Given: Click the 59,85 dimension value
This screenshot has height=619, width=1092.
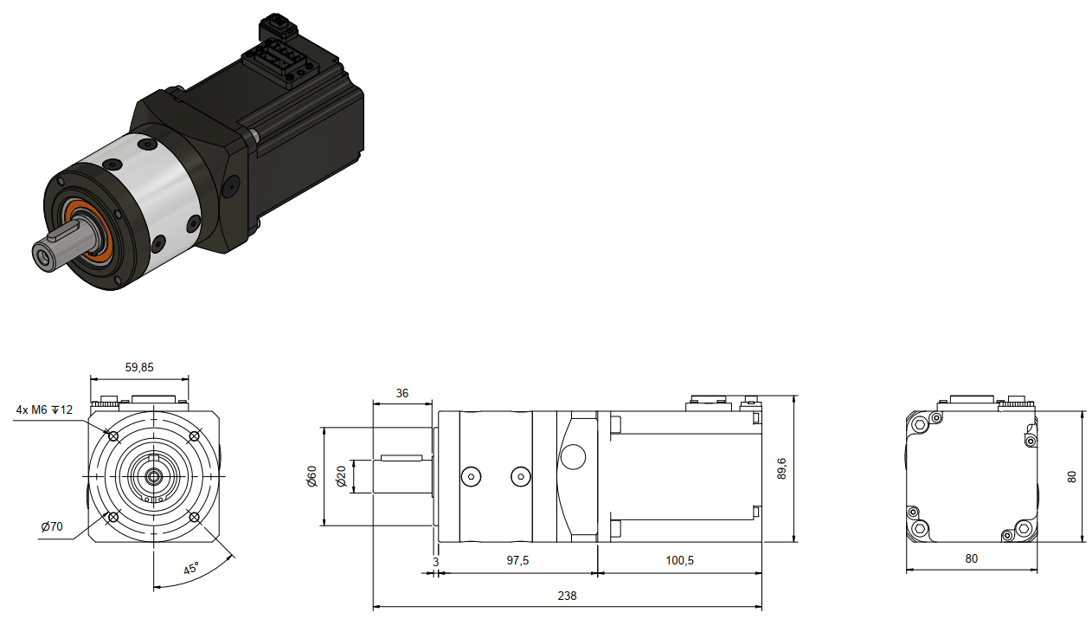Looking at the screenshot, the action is (139, 367).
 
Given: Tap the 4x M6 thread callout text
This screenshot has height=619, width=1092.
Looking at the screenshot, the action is (44, 409).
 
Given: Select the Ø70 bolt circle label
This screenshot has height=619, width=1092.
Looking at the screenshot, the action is (52, 527).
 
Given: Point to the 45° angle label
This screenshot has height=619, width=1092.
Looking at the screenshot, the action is (191, 569).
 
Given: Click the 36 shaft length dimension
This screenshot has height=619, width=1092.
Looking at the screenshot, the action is (402, 393).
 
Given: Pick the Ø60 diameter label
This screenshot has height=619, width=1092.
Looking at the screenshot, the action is (312, 476).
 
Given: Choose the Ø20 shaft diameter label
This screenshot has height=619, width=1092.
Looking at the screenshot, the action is (341, 476).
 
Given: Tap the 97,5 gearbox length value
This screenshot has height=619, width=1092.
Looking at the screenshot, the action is (517, 560).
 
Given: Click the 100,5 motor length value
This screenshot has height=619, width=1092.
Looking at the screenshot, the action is (679, 560).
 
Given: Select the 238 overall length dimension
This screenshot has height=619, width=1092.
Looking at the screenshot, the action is (567, 596).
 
